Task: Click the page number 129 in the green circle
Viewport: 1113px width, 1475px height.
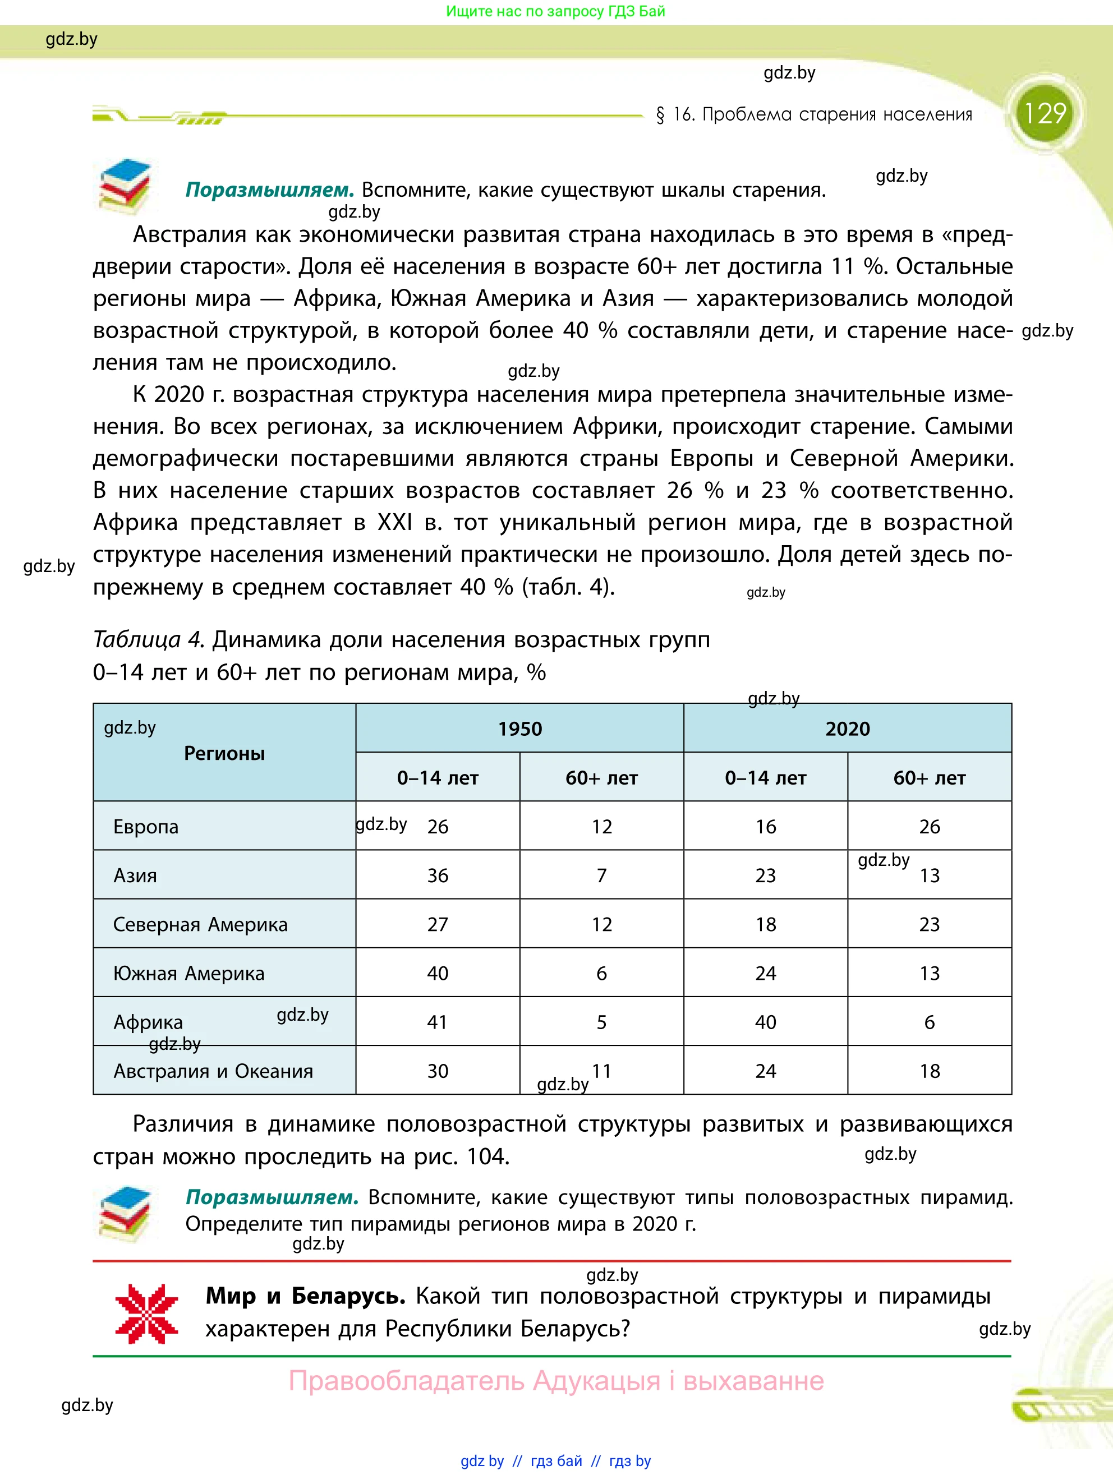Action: click(1045, 113)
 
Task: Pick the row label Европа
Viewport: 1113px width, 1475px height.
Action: click(146, 827)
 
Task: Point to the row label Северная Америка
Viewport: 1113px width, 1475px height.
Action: click(200, 924)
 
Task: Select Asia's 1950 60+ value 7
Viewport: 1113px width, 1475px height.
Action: click(601, 875)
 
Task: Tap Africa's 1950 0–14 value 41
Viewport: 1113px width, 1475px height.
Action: click(438, 1022)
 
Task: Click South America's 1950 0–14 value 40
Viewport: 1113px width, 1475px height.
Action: click(438, 974)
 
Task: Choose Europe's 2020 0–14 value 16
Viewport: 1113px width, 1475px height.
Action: click(766, 827)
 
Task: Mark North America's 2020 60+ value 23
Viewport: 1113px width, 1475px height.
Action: click(929, 924)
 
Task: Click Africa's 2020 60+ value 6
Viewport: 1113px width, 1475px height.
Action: click(929, 1022)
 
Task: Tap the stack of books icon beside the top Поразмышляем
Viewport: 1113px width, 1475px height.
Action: click(125, 186)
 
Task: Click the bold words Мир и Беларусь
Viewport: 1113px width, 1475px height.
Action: click(305, 1296)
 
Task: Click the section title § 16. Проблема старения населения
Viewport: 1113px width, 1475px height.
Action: click(813, 115)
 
